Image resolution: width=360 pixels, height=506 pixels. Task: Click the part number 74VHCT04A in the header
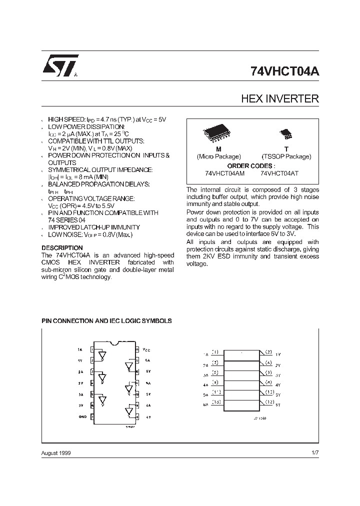click(284, 71)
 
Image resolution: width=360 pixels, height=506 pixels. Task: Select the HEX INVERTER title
click(280, 98)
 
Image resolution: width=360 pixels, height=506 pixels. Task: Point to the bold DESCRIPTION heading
click(62, 248)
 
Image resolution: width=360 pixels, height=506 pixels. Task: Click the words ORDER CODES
click(251, 165)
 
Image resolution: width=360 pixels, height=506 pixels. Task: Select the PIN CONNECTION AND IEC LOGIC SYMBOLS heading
click(106, 320)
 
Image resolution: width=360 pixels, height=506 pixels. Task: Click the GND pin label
click(82, 416)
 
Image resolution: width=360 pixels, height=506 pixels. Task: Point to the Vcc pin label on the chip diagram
click(146, 349)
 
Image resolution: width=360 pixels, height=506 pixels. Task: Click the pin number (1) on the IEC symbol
click(215, 352)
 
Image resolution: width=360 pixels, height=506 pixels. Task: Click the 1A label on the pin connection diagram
click(80, 349)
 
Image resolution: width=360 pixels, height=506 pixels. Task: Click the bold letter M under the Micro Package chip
click(218, 149)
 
